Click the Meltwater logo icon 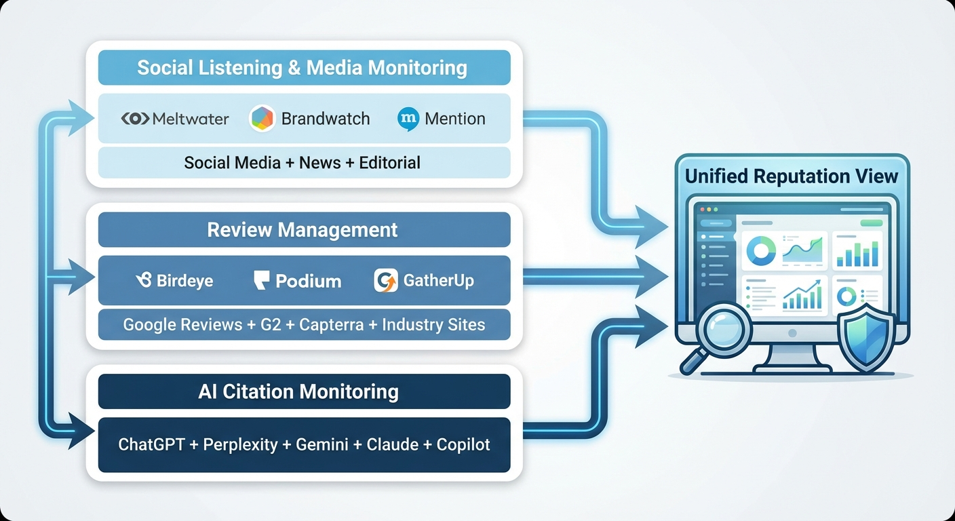coord(135,119)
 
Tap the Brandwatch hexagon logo coord(262,119)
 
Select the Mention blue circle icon coord(408,119)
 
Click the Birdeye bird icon coord(144,280)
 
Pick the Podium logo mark coord(262,280)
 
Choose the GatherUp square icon coord(386,280)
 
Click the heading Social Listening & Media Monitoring coord(303,68)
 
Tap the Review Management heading coord(303,230)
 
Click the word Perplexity coord(241,445)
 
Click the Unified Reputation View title coord(792,176)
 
